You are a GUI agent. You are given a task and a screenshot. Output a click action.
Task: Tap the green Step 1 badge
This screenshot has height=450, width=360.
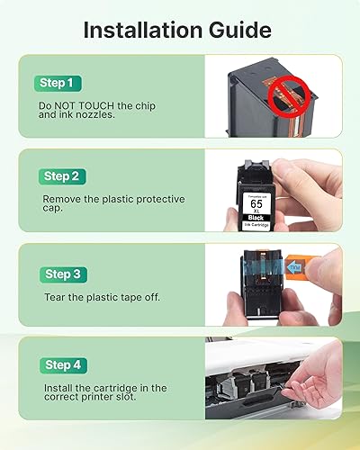[58, 83]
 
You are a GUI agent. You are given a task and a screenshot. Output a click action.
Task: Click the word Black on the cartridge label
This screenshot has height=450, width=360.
[257, 217]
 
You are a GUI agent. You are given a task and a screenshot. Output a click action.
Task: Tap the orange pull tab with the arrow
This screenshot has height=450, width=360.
[319, 267]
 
